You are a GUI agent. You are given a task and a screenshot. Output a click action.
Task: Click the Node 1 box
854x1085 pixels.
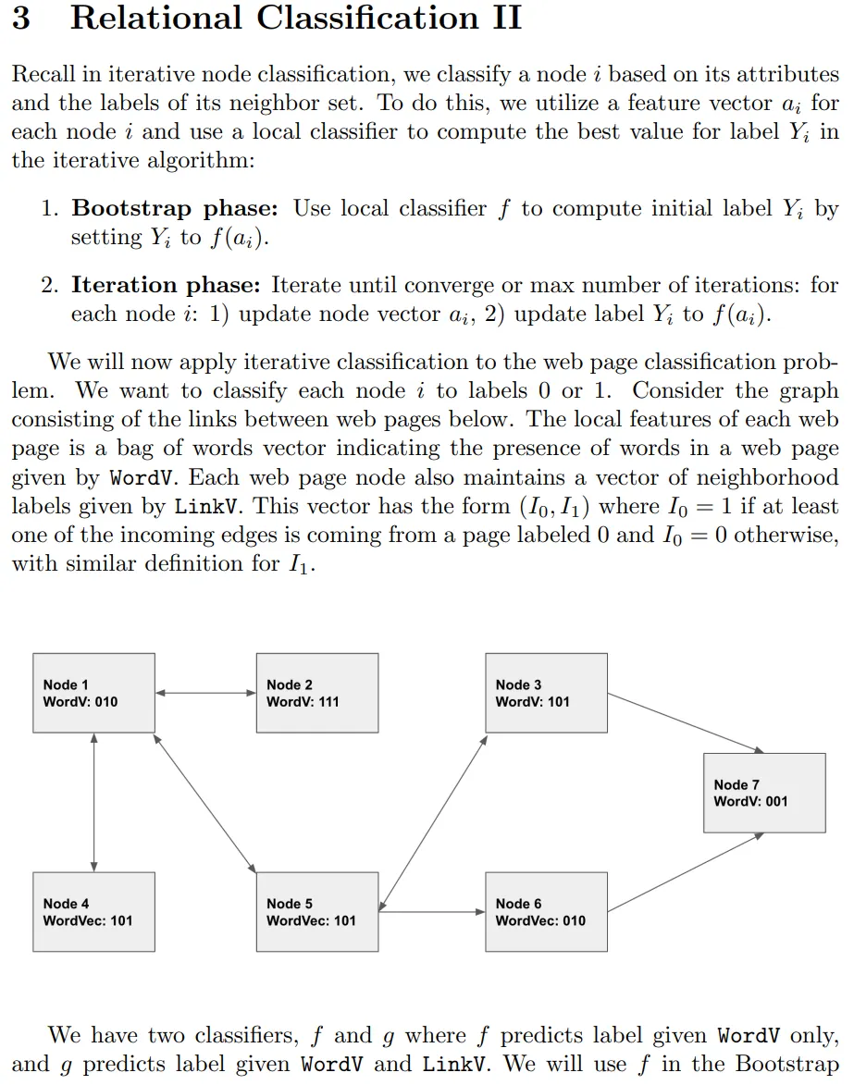click(x=93, y=693)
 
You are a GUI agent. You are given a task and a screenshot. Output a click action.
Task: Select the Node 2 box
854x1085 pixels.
click(x=317, y=693)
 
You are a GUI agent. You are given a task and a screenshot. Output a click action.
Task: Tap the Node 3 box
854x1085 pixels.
click(x=547, y=693)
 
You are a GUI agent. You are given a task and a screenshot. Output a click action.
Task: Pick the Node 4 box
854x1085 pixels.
click(x=93, y=911)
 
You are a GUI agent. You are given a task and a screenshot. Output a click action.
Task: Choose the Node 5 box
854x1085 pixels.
click(x=317, y=911)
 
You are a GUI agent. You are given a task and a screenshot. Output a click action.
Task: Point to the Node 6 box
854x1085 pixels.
click(x=547, y=911)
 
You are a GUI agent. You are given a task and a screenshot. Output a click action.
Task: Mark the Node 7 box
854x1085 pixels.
click(x=763, y=792)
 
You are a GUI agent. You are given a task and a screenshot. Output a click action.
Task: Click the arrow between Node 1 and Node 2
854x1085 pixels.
click(x=205, y=693)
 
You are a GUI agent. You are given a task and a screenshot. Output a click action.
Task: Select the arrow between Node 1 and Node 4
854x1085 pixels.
click(x=93, y=802)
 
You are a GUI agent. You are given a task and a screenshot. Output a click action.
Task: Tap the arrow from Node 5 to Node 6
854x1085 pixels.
click(x=432, y=912)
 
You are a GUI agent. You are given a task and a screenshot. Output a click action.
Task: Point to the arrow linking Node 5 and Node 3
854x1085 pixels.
click(x=433, y=819)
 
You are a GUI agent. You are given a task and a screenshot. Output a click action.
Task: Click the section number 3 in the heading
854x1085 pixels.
click(x=20, y=18)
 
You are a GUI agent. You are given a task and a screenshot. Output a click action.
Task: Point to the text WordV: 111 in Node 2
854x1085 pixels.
click(x=303, y=702)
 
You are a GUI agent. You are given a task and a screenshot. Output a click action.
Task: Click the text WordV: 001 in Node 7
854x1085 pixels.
click(x=750, y=802)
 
